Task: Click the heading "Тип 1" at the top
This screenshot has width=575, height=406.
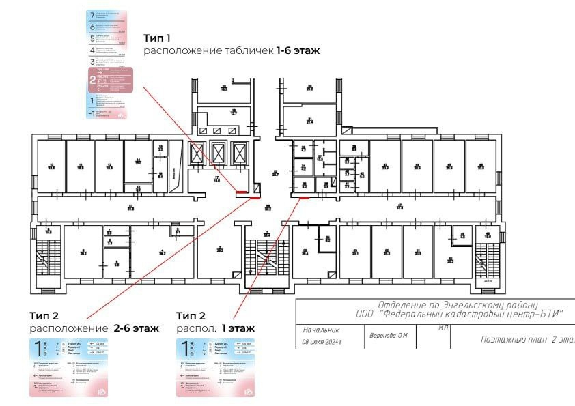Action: click(157, 38)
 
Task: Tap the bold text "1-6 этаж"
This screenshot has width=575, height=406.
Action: click(298, 50)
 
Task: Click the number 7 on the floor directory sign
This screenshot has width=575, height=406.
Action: click(92, 15)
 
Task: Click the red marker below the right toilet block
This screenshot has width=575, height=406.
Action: click(304, 198)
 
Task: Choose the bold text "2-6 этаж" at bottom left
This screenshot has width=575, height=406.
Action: click(137, 328)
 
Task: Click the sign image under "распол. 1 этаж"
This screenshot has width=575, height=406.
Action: click(215, 367)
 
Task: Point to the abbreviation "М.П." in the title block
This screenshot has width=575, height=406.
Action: click(443, 328)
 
